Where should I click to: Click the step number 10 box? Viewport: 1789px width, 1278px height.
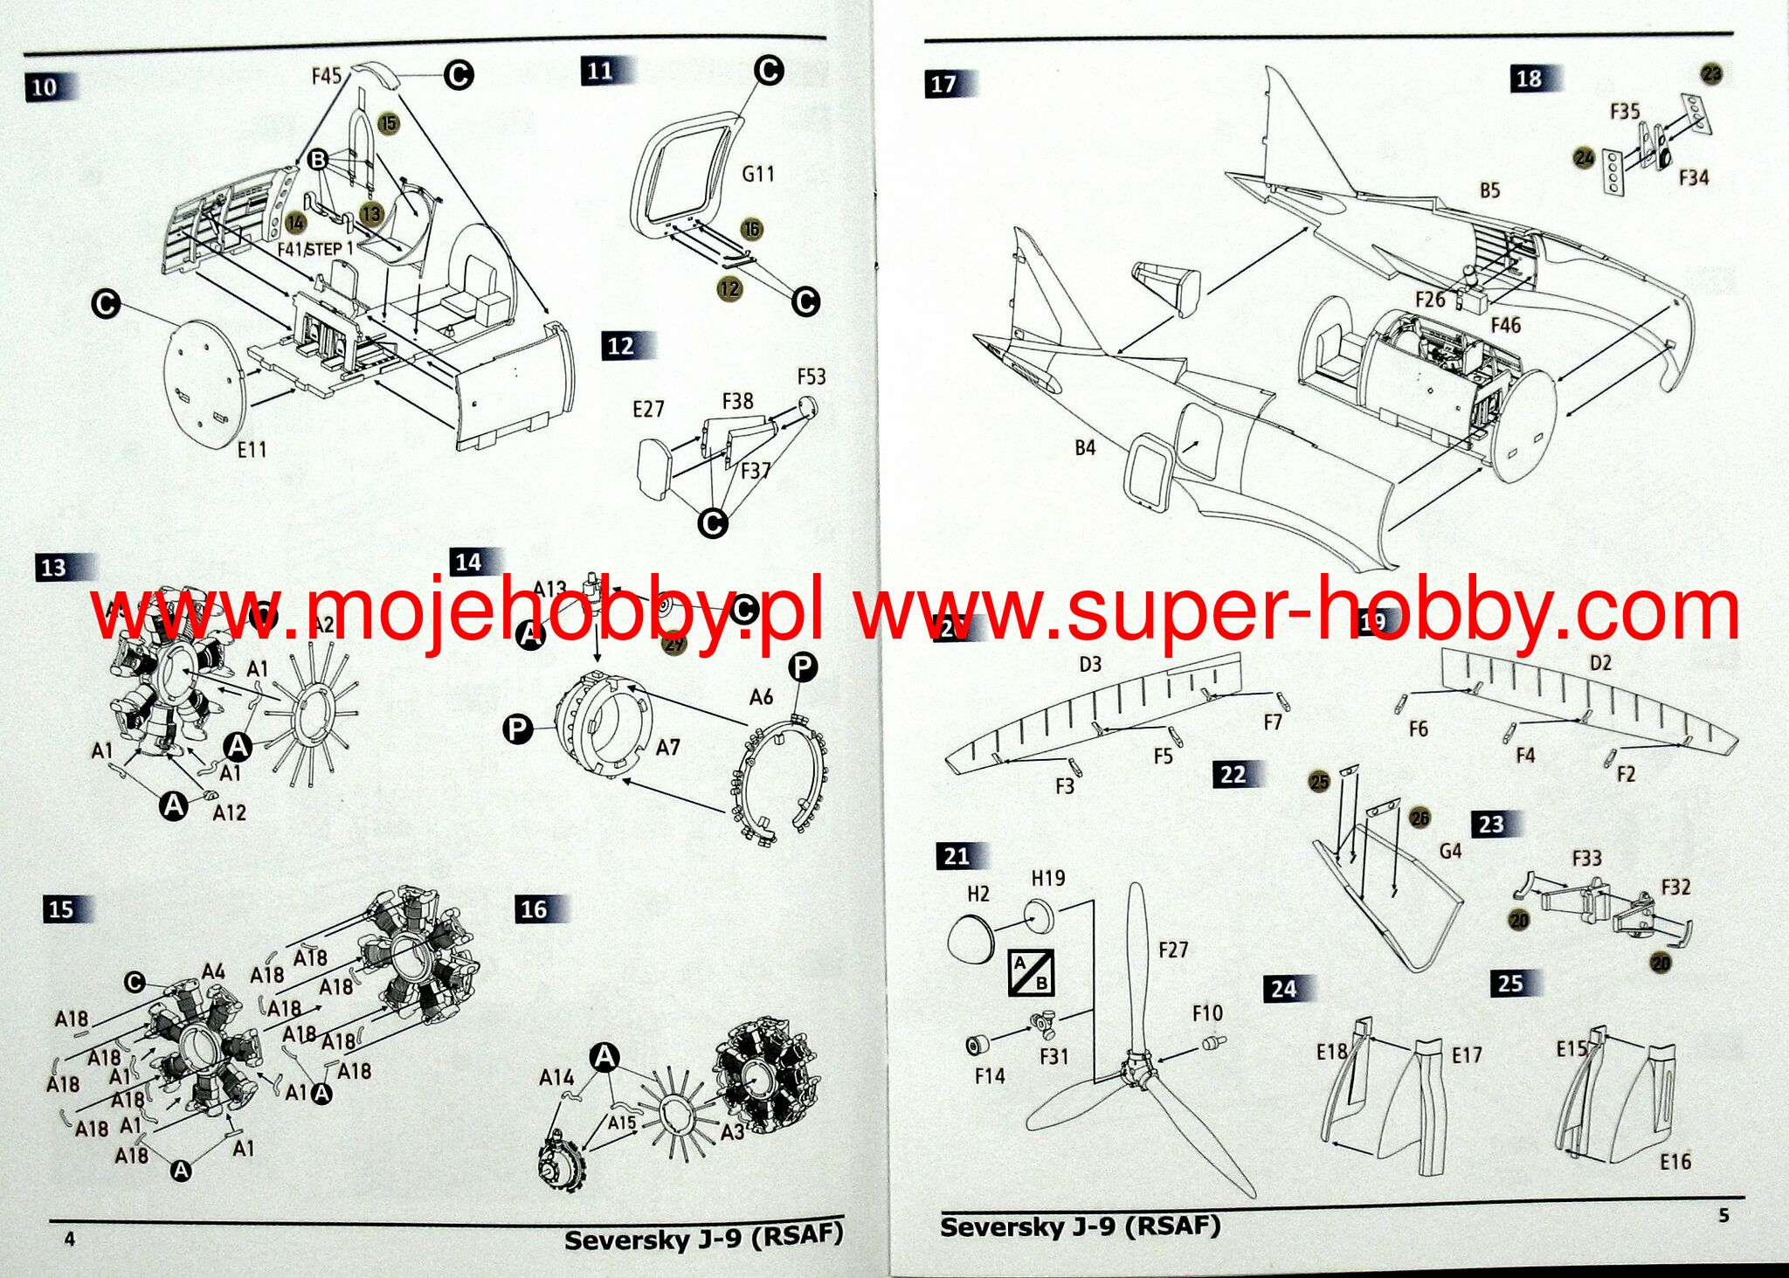(45, 86)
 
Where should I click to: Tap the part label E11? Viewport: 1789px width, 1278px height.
(252, 449)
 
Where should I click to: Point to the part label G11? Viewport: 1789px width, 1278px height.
(757, 174)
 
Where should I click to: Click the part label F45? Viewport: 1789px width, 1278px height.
(326, 76)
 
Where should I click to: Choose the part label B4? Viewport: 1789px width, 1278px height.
(1084, 447)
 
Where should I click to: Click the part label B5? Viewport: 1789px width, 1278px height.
(1489, 190)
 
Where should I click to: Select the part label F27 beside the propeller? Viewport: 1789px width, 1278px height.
(1172, 950)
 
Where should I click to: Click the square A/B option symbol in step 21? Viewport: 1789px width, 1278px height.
(1031, 971)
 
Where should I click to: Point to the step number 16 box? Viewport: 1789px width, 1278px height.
(534, 909)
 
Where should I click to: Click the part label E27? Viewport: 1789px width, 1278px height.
(648, 409)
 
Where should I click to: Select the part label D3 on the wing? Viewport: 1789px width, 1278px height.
(1090, 665)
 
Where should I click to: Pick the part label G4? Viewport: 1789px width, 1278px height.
(1450, 850)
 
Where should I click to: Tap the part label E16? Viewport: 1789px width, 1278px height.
(1675, 1161)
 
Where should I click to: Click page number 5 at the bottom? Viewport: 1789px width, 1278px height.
(1723, 1215)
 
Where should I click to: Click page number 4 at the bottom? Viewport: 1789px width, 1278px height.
(70, 1239)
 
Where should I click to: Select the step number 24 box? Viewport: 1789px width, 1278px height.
(1283, 989)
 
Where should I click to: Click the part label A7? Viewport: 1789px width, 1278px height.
(667, 747)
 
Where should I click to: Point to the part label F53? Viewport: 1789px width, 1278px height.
(811, 376)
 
